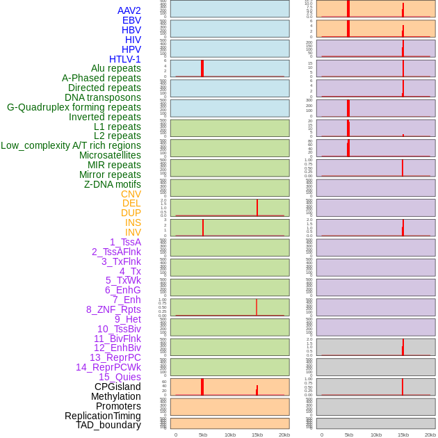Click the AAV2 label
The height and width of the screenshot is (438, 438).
pyautogui.click(x=129, y=10)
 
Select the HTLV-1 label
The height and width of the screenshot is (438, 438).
pyautogui.click(x=124, y=59)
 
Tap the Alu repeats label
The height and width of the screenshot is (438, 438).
pyautogui.click(x=115, y=69)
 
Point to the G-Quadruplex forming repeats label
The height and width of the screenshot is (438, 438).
pyautogui.click(x=74, y=107)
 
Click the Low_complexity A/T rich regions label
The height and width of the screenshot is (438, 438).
pyautogui.click(x=70, y=145)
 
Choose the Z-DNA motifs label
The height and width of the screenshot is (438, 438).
pyautogui.click(x=112, y=184)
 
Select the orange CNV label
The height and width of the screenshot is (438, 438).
pyautogui.click(x=131, y=194)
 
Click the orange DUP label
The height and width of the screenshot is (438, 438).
pyautogui.click(x=131, y=213)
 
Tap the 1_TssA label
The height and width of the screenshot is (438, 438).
pyautogui.click(x=125, y=242)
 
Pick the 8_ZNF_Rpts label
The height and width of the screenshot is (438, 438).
pyautogui.click(x=113, y=309)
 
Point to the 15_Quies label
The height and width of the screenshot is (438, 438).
pyautogui.click(x=120, y=377)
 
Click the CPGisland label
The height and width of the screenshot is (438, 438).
pyautogui.click(x=117, y=387)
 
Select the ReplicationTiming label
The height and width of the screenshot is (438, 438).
pyautogui.click(x=102, y=416)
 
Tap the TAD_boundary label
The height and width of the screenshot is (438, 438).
pyautogui.click(x=108, y=425)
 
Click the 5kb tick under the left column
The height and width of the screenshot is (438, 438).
pyautogui.click(x=203, y=435)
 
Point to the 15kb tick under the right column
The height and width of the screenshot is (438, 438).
pyautogui.click(x=403, y=435)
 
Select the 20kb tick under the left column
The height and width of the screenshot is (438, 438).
pyautogui.click(x=284, y=435)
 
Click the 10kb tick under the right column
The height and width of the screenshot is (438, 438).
pyautogui.click(x=376, y=435)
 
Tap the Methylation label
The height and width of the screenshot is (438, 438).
pyautogui.click(x=115, y=396)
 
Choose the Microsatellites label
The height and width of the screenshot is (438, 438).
pyautogui.click(x=110, y=155)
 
